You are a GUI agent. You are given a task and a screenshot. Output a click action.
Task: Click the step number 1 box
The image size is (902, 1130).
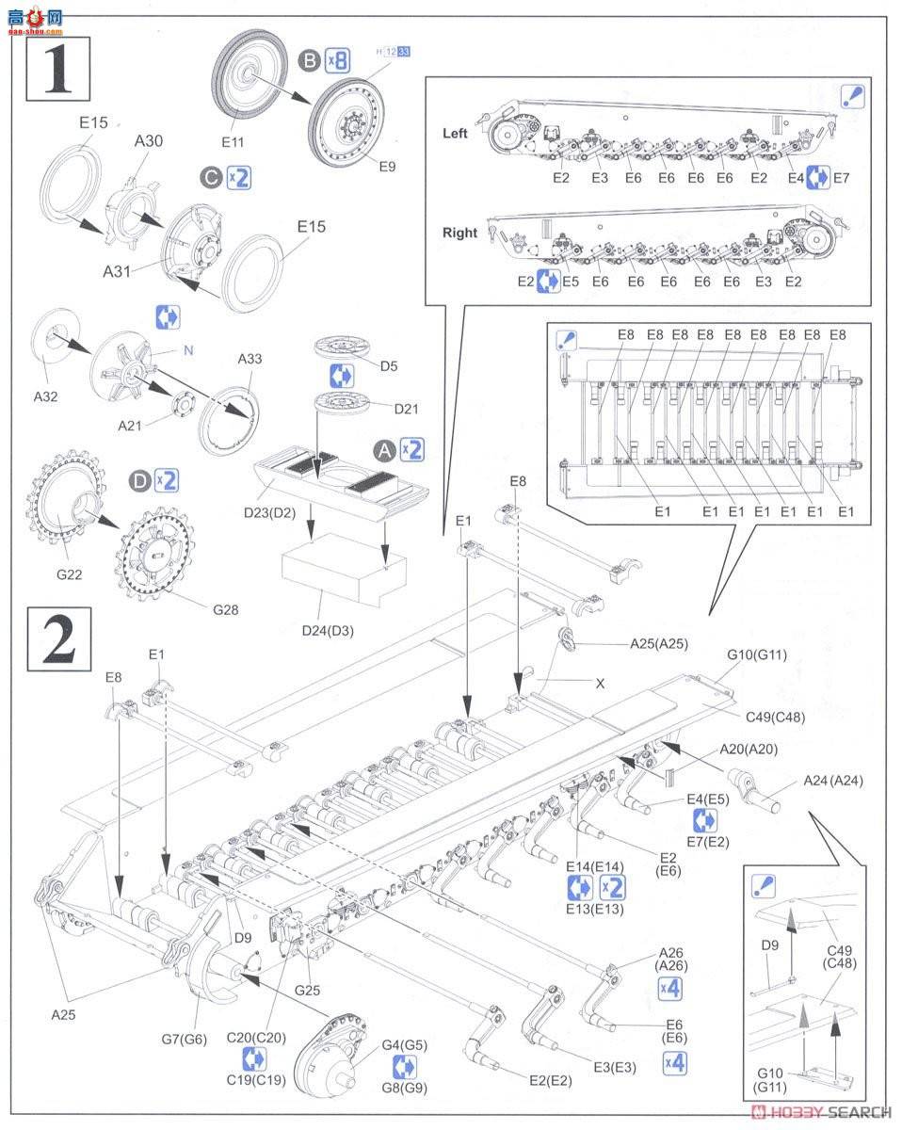[x=58, y=69]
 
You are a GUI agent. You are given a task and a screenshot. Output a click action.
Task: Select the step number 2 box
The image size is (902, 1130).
[x=58, y=639]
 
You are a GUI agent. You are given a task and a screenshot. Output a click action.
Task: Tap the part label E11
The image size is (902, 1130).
[x=233, y=141]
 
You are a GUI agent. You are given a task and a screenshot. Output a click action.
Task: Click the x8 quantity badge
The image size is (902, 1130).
[x=337, y=62]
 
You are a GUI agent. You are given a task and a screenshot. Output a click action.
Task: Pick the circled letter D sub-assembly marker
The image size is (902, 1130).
[x=139, y=481]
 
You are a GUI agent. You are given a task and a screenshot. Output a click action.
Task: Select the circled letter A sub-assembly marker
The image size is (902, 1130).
[x=383, y=449]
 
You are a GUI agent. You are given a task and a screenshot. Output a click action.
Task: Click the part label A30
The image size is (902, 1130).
[x=148, y=140]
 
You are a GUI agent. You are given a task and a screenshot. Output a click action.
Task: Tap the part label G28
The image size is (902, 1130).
[x=226, y=609]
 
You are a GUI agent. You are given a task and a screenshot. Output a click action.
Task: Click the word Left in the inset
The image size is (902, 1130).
[x=455, y=134]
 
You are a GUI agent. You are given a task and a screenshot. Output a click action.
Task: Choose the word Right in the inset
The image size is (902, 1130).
[x=459, y=233]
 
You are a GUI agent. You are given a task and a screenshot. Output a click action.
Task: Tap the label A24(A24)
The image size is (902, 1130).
[x=832, y=781]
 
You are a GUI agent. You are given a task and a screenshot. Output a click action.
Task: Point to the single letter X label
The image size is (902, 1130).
[x=600, y=685]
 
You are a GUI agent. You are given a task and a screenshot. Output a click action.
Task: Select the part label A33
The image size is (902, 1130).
[x=250, y=359]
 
